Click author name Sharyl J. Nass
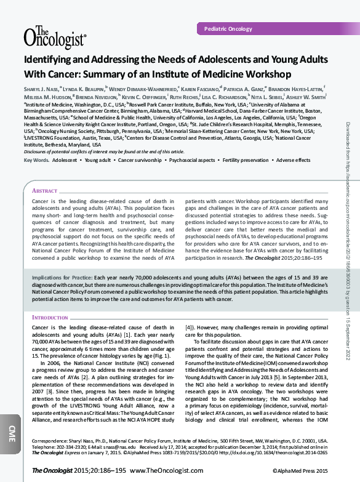click(42, 89)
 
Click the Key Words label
click(36, 160)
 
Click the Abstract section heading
click(44, 191)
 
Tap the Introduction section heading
click(50, 317)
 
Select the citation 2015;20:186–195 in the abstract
click(286, 257)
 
